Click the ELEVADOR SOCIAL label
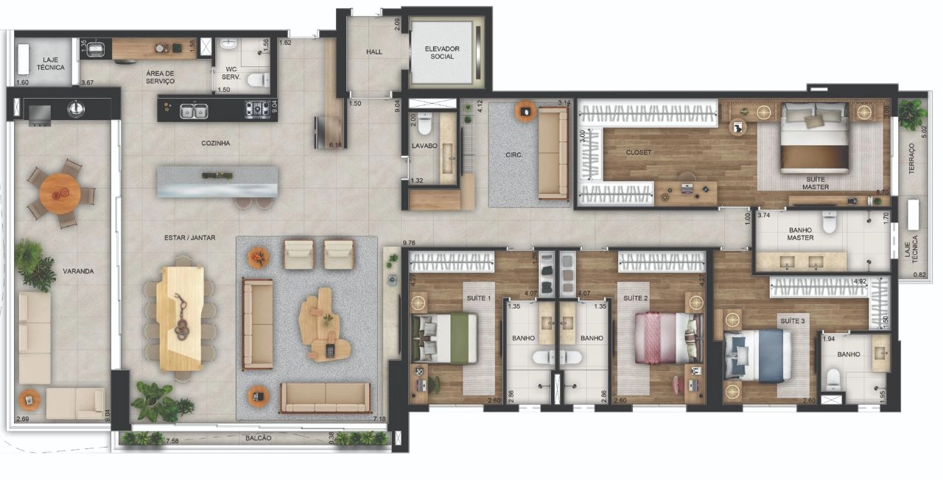441,52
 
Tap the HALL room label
374,52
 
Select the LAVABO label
424,146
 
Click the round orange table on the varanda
60,194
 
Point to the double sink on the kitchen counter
194,111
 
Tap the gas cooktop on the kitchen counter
257,110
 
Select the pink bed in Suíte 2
669,337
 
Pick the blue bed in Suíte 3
757,356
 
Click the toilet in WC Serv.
258,80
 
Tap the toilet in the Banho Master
830,222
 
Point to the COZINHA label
216,143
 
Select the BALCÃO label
258,438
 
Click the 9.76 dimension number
409,243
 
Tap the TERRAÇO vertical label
911,158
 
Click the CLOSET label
638,152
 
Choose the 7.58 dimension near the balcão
172,441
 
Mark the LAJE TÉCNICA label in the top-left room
51,63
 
